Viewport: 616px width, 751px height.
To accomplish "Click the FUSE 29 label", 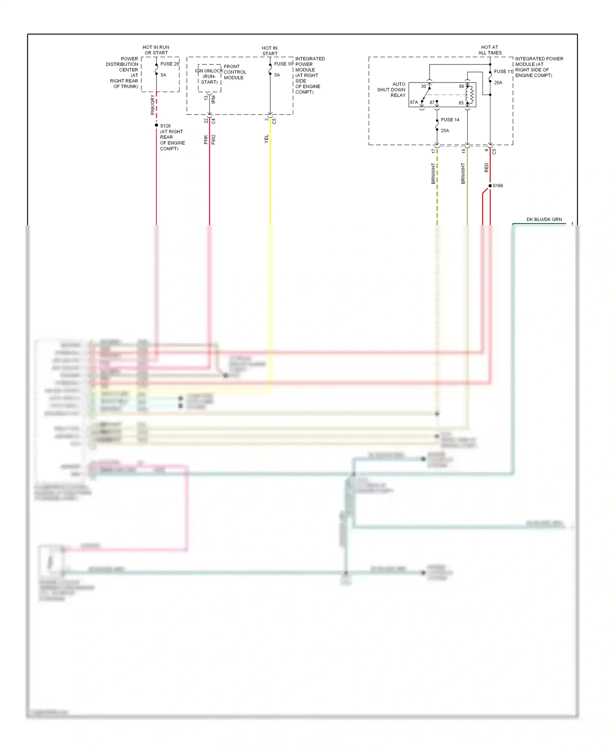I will [169, 64].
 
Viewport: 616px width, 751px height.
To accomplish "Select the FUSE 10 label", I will [283, 64].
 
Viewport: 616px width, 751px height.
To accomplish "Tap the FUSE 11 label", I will [503, 71].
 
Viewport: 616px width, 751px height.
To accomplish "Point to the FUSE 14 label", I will [450, 120].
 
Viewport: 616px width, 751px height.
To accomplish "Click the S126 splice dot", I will [156, 125].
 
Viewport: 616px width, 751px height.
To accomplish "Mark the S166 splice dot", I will [490, 186].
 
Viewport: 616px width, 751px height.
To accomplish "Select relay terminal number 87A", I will [414, 102].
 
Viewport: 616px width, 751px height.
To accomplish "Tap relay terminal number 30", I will [423, 86].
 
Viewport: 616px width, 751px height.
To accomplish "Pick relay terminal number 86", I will [461, 86].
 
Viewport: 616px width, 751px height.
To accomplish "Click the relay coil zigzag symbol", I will [472, 95].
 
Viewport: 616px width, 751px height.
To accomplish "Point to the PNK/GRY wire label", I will [152, 104].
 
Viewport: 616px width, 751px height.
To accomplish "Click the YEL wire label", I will [266, 139].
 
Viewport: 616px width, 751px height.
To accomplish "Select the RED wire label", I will [487, 167].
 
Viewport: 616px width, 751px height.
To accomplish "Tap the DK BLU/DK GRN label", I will [544, 219].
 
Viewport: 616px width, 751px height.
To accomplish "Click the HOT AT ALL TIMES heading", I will [490, 50].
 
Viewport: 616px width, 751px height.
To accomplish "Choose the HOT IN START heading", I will [270, 51].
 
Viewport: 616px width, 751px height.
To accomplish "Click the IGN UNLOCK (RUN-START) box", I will [209, 77].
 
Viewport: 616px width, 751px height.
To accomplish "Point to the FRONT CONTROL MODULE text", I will [234, 72].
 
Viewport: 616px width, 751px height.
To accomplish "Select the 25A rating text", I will [445, 131].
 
